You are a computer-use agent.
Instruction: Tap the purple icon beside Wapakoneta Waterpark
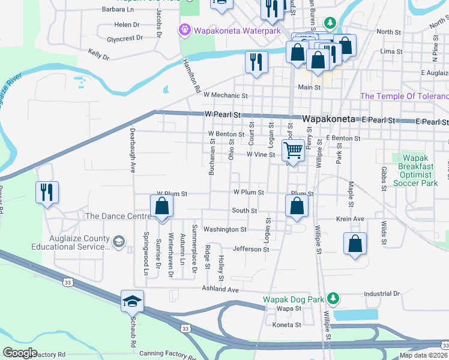pos(185,29)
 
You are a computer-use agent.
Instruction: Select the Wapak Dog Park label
pos(292,299)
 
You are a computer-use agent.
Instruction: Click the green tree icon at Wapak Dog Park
pos(331,298)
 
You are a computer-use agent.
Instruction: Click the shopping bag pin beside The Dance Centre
pos(162,206)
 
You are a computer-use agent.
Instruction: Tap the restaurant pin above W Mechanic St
pos(256,61)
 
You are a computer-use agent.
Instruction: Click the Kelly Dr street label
pos(98,55)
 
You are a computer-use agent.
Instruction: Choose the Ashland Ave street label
pos(220,289)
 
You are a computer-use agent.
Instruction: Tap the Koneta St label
pos(287,325)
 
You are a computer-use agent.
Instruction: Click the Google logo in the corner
pos(20,353)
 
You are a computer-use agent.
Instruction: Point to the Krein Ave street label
pos(351,219)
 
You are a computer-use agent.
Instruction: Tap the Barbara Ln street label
pos(118,10)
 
